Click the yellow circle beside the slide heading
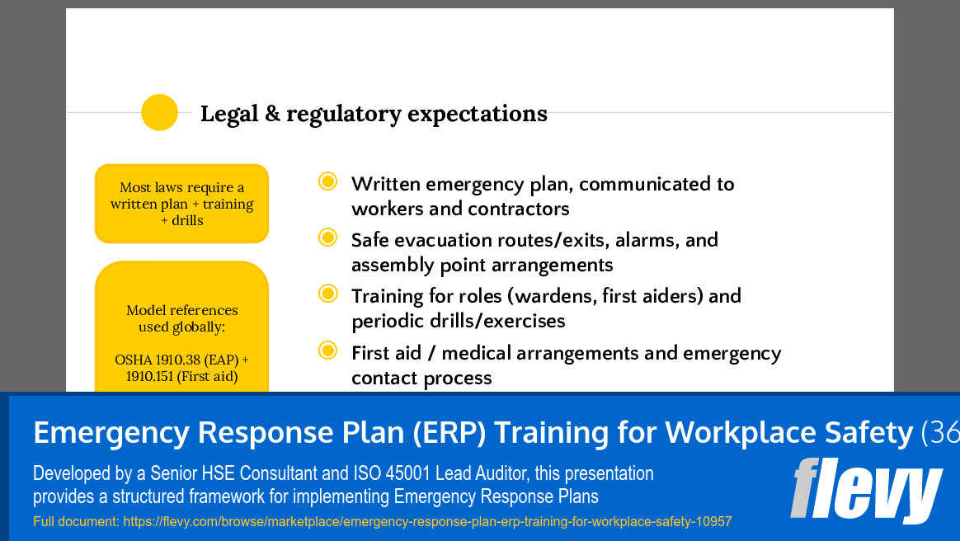coord(160,112)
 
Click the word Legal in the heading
coord(228,114)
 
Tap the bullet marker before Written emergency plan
coord(327,181)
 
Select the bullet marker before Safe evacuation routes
coord(327,238)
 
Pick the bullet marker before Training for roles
coord(327,294)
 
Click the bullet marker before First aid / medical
coord(327,351)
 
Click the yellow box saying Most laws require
coord(181,204)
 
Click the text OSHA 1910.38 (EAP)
coord(181,360)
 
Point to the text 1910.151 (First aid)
coord(181,377)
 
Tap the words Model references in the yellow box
coord(181,311)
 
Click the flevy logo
coord(865,491)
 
